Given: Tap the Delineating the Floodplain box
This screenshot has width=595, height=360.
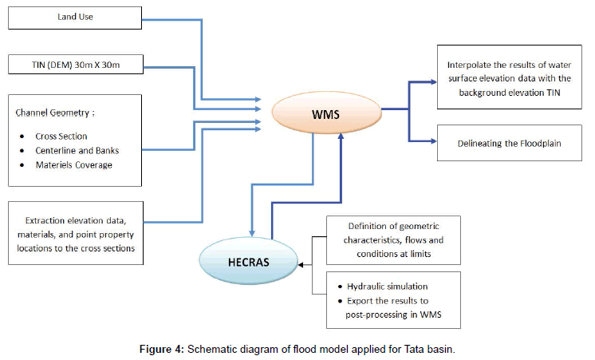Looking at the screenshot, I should pos(506,144).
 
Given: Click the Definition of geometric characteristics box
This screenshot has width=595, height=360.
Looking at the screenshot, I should pos(393,239).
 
